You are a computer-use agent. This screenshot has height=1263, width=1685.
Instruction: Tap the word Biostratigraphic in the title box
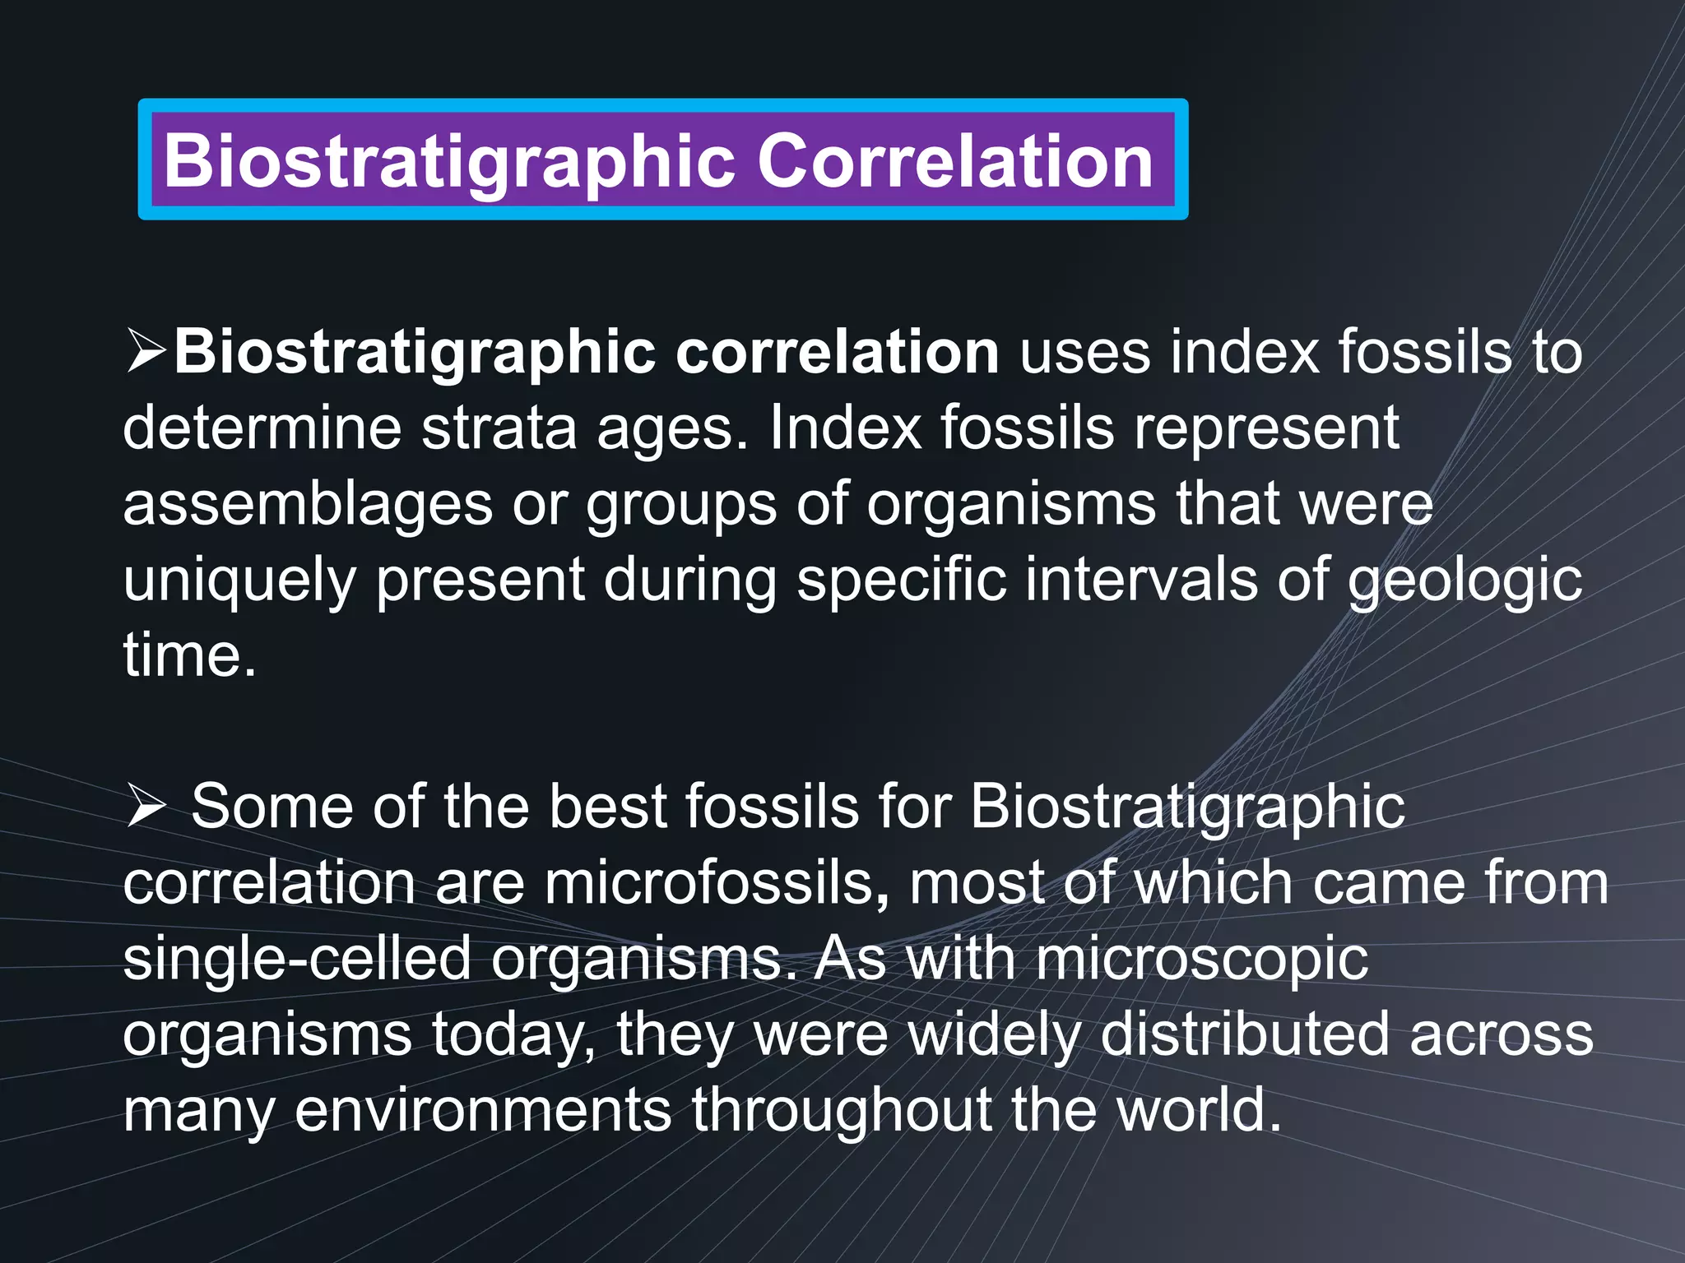point(448,160)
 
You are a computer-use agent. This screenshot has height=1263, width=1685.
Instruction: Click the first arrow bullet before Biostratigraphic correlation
point(146,352)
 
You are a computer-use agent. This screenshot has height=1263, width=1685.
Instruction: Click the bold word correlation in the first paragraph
point(837,352)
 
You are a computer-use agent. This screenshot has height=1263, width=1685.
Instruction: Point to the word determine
point(262,428)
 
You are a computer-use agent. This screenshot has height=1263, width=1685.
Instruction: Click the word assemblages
point(307,504)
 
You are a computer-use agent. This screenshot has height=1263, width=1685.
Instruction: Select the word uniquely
point(239,580)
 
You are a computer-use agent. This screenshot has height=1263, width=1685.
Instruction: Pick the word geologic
point(1465,580)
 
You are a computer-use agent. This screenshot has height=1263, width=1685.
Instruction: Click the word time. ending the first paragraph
point(189,655)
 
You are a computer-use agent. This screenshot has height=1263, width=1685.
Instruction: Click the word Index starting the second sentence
point(845,428)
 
